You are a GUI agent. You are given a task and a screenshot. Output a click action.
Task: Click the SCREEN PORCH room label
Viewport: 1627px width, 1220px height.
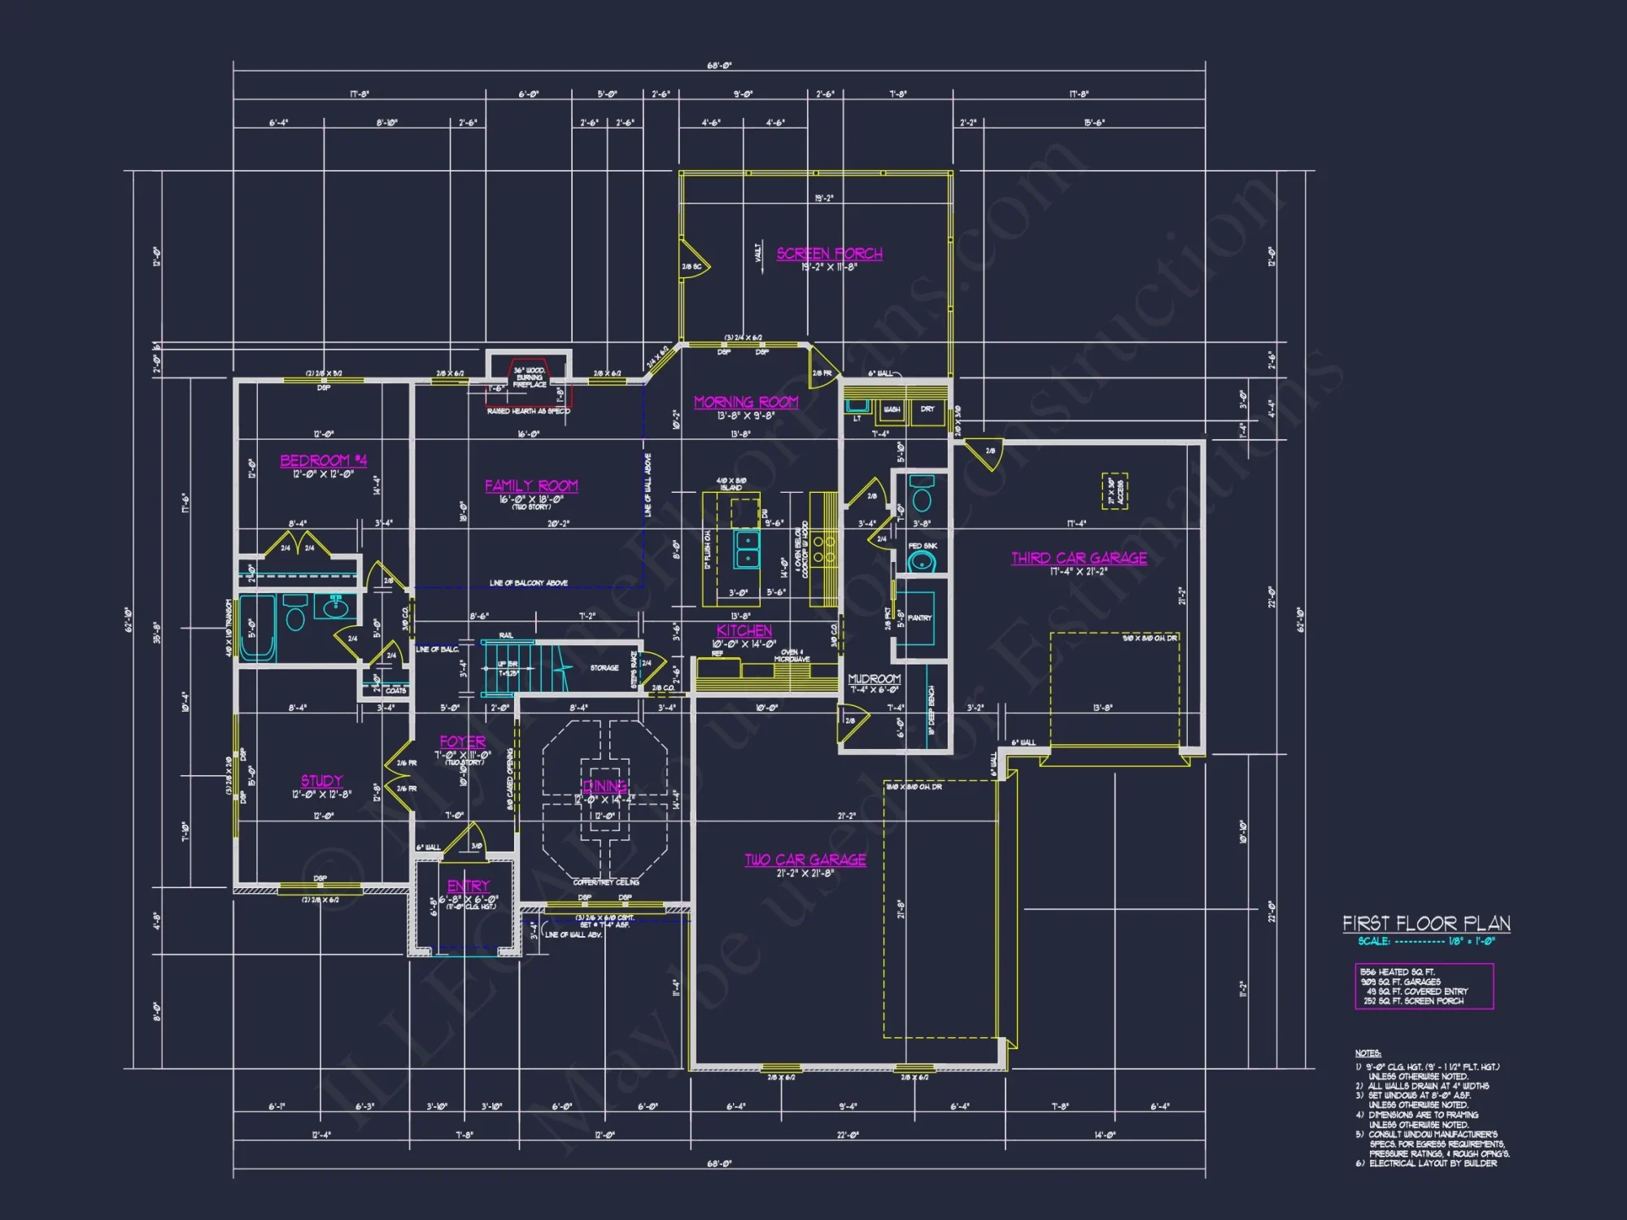tap(829, 254)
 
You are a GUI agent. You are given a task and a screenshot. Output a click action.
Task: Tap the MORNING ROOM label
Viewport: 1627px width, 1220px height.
tap(746, 402)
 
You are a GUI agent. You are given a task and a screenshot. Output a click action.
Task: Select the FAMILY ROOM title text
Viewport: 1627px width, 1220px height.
tap(531, 486)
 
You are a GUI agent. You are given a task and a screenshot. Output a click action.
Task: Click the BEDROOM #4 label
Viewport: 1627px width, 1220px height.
tap(323, 460)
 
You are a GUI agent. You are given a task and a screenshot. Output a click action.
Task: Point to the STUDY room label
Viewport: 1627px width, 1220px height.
tap(321, 781)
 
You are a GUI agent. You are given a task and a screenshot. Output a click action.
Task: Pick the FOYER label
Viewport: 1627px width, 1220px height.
tap(462, 742)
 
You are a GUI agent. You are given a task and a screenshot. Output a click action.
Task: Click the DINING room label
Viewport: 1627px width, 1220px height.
tap(604, 786)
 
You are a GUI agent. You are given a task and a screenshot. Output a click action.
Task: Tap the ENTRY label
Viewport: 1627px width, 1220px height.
tap(468, 886)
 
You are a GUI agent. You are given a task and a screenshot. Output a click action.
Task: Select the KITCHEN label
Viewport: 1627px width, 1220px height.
tap(744, 630)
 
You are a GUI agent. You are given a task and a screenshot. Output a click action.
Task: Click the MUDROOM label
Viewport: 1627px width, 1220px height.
tap(874, 678)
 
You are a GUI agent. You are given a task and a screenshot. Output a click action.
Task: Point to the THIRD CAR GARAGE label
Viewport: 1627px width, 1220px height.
tap(1079, 558)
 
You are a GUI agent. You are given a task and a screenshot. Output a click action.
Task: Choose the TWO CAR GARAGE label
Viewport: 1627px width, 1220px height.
tap(805, 860)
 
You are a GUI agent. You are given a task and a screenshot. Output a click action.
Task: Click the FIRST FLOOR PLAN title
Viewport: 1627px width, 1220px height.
tap(1426, 923)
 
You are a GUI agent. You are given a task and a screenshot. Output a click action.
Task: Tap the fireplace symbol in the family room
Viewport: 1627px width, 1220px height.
tap(530, 378)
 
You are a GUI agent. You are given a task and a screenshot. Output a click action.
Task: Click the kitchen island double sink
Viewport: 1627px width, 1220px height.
tap(746, 548)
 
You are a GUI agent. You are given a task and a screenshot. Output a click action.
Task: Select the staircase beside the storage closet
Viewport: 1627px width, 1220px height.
tap(513, 667)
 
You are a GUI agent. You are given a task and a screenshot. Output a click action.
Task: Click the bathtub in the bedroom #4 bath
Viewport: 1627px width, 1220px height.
tap(258, 626)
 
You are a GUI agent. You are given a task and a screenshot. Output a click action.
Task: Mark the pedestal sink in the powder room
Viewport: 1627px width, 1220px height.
tap(921, 560)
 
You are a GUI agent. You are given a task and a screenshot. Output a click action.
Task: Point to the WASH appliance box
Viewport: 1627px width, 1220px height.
tap(892, 410)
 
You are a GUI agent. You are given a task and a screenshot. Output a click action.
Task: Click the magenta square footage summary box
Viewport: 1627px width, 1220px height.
tap(1424, 986)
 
